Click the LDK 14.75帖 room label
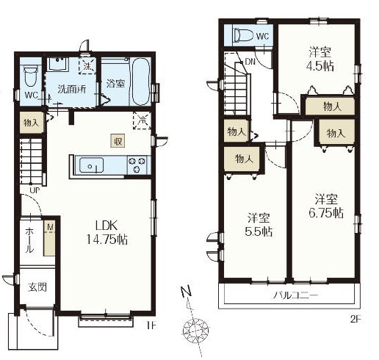[x=107, y=232]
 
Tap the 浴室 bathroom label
[x=115, y=84]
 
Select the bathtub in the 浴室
[x=140, y=82]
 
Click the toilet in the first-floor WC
[x=31, y=76]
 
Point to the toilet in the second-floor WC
[x=243, y=35]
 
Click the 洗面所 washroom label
[x=72, y=89]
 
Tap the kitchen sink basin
[x=92, y=165]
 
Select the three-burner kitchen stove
[x=137, y=165]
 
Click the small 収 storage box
[x=118, y=141]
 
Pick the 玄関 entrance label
[x=37, y=287]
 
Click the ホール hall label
[x=29, y=240]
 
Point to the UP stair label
[x=35, y=190]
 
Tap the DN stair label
[x=250, y=62]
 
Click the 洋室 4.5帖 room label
[x=320, y=59]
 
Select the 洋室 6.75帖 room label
[x=326, y=206]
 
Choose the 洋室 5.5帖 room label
[x=259, y=225]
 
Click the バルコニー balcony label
[x=295, y=295]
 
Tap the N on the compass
[x=186, y=291]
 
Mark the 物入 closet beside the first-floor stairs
[x=32, y=123]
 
